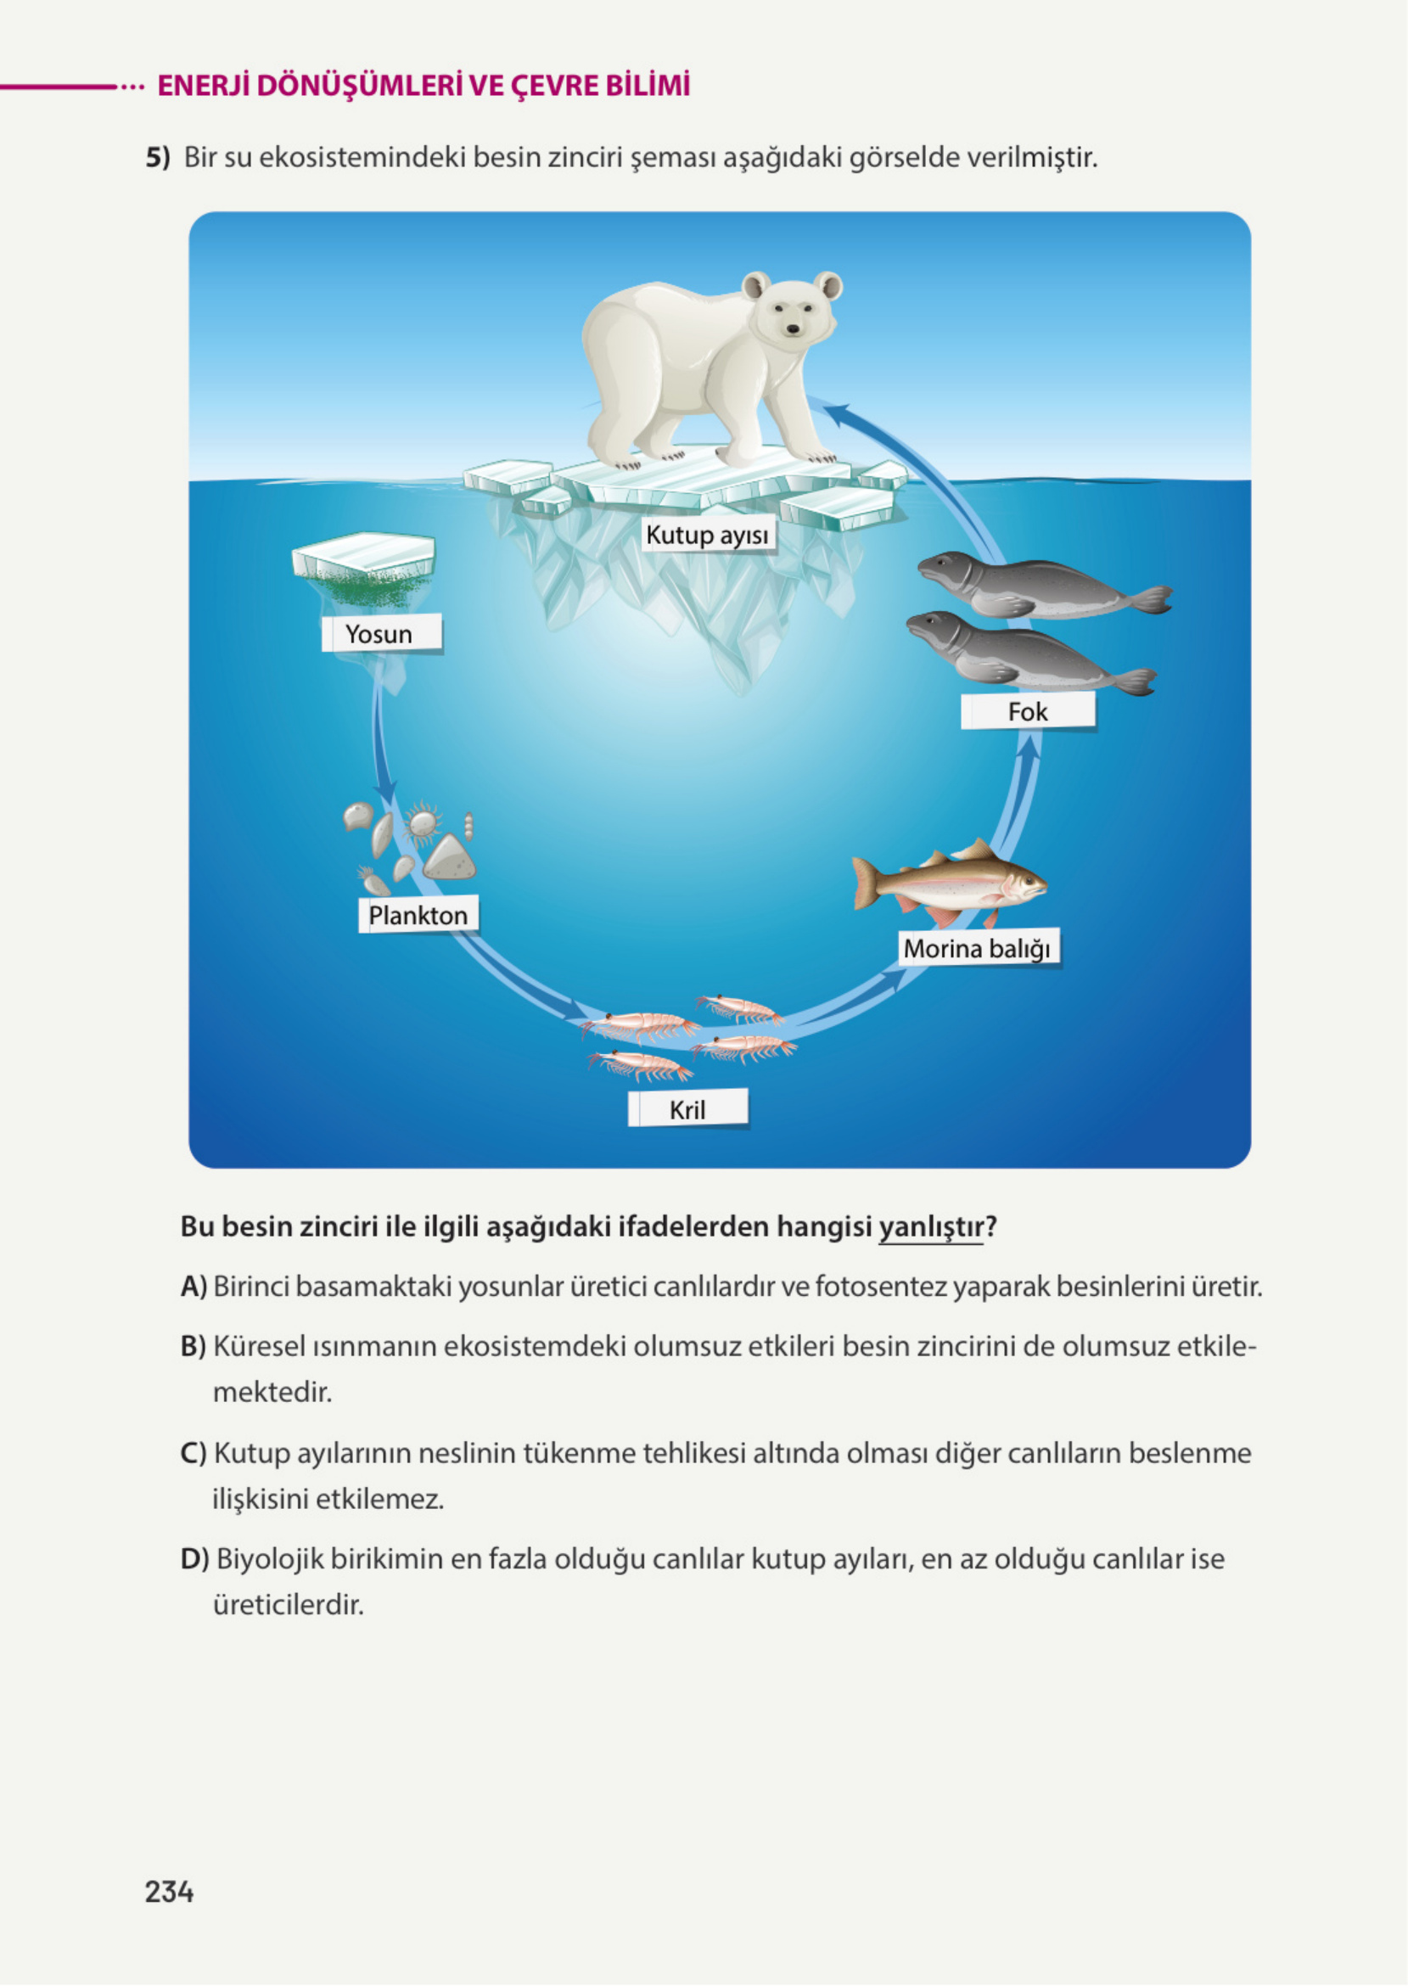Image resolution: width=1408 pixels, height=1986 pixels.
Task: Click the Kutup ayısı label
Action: point(708,535)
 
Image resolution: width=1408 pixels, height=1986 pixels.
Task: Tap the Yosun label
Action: point(379,634)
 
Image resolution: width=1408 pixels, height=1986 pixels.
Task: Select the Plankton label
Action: point(418,915)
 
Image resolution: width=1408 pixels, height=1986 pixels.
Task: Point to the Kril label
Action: point(687,1109)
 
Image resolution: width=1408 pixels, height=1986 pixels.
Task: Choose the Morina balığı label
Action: point(977,948)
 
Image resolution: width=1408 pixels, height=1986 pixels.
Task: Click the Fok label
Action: point(1028,712)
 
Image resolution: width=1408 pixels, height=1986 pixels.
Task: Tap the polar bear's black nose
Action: point(793,328)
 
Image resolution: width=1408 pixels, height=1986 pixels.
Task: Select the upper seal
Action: point(1032,584)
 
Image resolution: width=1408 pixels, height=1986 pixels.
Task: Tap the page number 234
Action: point(169,1891)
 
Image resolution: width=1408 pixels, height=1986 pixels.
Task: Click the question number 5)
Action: point(158,158)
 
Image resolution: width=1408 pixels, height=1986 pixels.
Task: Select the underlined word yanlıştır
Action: point(931,1226)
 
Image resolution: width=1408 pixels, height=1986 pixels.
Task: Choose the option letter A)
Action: point(194,1287)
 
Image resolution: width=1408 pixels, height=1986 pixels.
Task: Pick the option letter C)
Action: point(194,1453)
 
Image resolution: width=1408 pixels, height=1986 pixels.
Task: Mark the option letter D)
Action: point(194,1558)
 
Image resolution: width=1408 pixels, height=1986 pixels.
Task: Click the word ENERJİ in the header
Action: point(203,86)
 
